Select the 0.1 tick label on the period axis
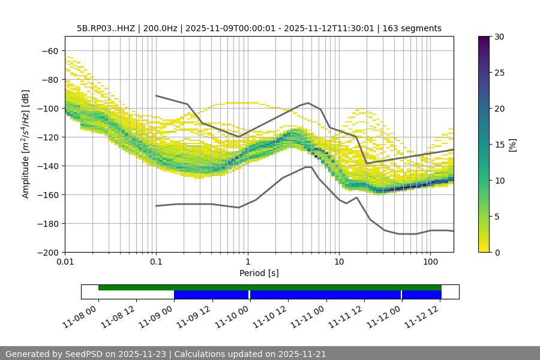[156, 262]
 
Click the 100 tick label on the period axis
[430, 262]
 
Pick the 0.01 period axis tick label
[65, 262]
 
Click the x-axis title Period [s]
[259, 273]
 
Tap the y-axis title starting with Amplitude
[25, 144]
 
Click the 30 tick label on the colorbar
[499, 37]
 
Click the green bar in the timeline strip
[270, 287]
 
